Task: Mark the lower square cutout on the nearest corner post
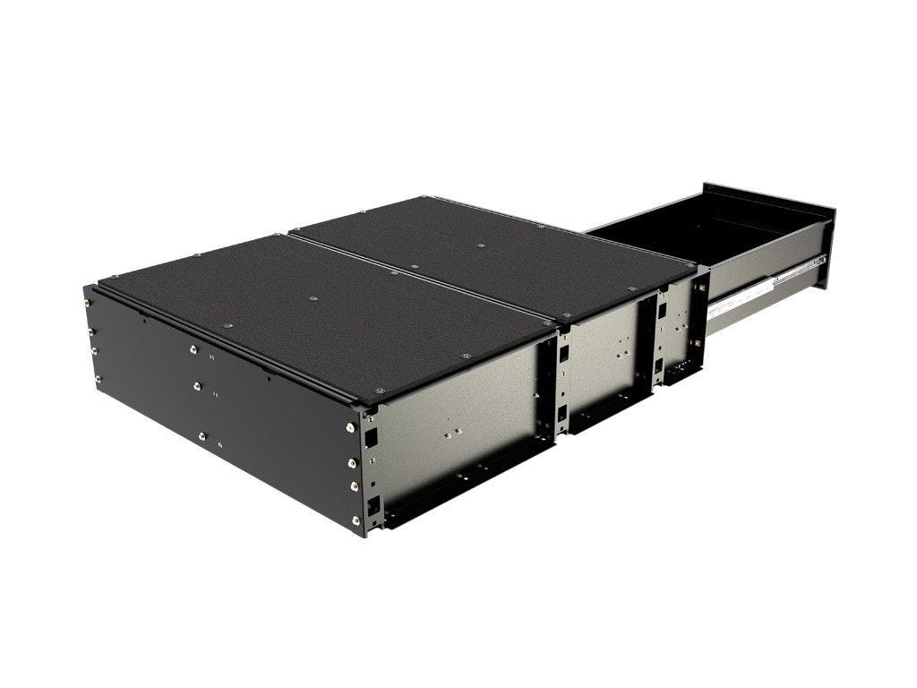373,506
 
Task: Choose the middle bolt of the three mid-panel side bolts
197,387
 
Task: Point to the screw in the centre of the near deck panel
312,297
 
